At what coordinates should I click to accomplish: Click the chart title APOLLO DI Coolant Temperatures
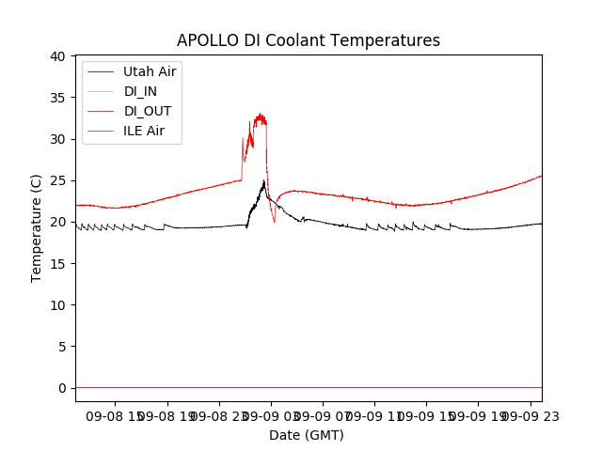coord(309,40)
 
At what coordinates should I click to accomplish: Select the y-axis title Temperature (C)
coord(37,228)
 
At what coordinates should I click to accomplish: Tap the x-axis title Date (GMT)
coord(307,435)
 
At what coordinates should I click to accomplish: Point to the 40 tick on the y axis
coord(57,56)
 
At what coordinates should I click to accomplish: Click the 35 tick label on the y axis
coord(57,98)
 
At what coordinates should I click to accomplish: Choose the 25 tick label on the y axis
coord(57,180)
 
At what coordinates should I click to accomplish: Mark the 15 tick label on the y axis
coord(57,263)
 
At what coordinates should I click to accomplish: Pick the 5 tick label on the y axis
coord(61,347)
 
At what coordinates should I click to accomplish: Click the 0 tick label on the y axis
coord(61,388)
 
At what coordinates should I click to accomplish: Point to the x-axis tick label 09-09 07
coord(323,415)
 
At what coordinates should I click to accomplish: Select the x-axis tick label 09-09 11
coord(374,415)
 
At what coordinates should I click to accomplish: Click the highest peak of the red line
coord(261,114)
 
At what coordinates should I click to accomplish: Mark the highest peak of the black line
coord(264,180)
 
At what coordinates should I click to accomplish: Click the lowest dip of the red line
coord(275,222)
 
